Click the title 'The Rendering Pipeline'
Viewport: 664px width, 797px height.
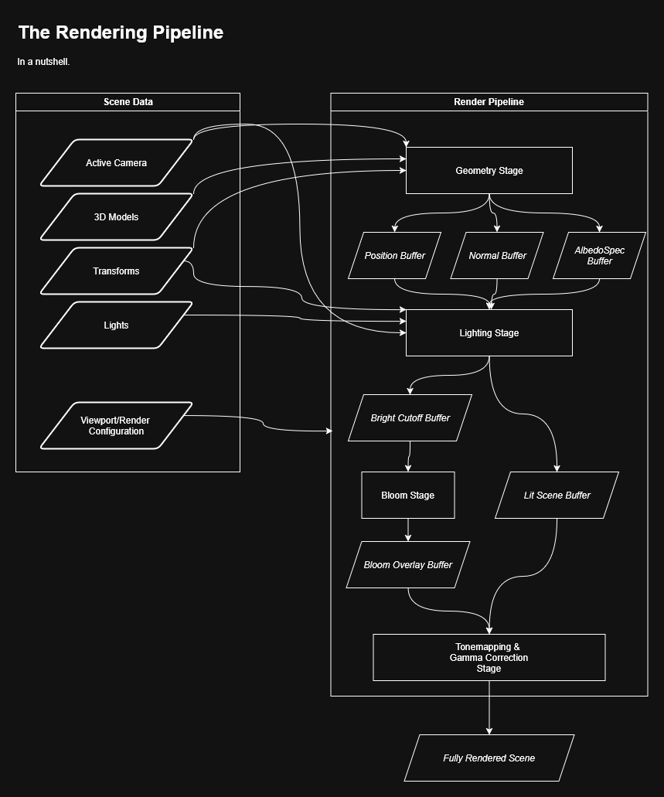(x=121, y=32)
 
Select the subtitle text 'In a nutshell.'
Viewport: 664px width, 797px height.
(x=43, y=62)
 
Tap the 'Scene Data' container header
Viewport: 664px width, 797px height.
(x=128, y=102)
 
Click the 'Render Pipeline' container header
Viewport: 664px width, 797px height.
(x=489, y=102)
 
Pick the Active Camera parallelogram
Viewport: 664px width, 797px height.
(x=116, y=163)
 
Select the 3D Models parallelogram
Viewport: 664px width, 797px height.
(x=116, y=217)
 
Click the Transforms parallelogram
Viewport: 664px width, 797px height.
(x=116, y=271)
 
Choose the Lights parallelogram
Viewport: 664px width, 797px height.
(x=116, y=325)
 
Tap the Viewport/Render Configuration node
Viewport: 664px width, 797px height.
(x=116, y=425)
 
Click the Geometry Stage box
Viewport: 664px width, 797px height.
(x=489, y=171)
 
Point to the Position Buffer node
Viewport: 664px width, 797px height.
(x=394, y=256)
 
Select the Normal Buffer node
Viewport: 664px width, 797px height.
(x=497, y=256)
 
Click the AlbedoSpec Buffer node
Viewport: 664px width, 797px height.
(x=599, y=256)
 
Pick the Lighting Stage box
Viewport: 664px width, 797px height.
(x=489, y=333)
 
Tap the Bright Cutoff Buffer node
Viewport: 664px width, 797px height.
(x=410, y=418)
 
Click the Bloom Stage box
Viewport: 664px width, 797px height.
(x=408, y=496)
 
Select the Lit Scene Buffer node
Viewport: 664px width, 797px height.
(x=557, y=496)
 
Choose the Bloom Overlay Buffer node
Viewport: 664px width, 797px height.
(x=408, y=565)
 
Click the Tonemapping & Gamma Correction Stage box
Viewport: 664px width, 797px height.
(x=489, y=658)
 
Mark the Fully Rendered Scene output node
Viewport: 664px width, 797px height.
(x=489, y=758)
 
